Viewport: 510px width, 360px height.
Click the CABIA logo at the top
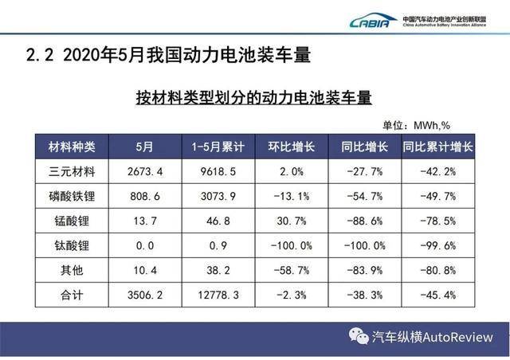[x=373, y=21]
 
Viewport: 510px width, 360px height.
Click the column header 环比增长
[x=292, y=147]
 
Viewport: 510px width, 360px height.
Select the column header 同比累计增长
[x=437, y=147]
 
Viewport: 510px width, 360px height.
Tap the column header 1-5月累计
[x=218, y=147]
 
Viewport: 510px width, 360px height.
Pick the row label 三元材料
[x=72, y=171]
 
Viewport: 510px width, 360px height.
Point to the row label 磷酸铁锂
[x=72, y=196]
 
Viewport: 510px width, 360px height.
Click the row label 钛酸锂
[x=72, y=245]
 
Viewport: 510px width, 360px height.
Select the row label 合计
[x=72, y=295]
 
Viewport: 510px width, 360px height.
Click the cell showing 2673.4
[x=145, y=171]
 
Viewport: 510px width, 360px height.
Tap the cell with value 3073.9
[x=218, y=196]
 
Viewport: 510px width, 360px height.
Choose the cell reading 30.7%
[x=292, y=221]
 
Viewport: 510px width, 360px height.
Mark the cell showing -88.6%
[x=365, y=221]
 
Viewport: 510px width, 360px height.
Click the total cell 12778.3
[x=218, y=295]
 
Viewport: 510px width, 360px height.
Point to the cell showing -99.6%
[x=437, y=245]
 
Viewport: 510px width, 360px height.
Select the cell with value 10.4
[x=145, y=270]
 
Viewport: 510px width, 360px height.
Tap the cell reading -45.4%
[x=437, y=295]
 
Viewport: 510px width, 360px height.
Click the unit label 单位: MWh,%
[x=416, y=125]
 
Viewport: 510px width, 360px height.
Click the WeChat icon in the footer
[x=359, y=336]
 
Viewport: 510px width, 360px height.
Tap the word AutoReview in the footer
[x=457, y=337]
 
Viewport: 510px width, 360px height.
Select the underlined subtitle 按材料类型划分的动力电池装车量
[x=253, y=97]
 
